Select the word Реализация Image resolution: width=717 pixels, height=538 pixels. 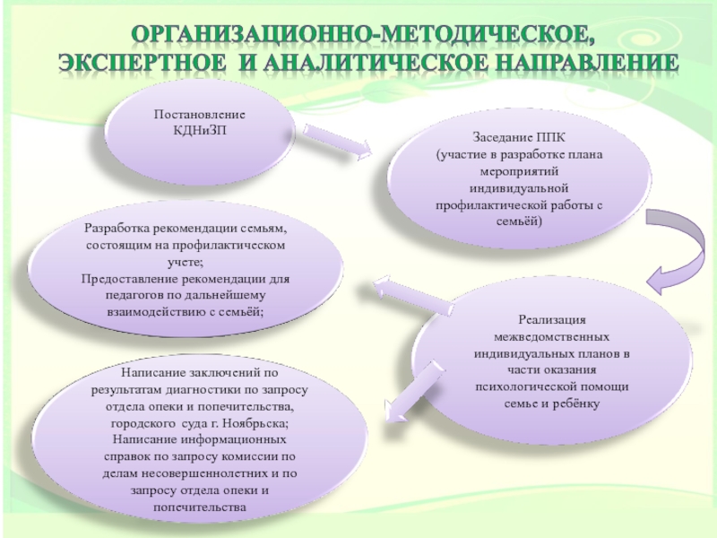[552, 320]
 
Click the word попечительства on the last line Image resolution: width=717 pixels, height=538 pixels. [200, 508]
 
